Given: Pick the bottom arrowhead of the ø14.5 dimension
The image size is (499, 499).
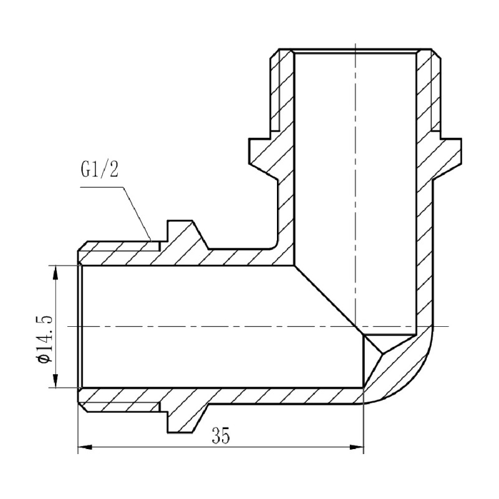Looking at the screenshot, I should pyautogui.click(x=56, y=382).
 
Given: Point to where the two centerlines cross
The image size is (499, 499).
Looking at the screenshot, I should pyautogui.click(x=354, y=326).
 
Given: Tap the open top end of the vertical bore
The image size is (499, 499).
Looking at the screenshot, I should pyautogui.click(x=354, y=51).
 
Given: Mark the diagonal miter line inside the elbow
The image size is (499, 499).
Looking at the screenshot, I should pyautogui.click(x=327, y=298).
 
